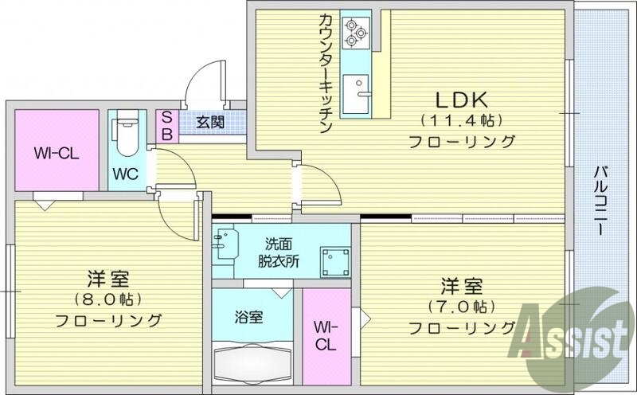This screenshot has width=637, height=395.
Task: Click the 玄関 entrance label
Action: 210,123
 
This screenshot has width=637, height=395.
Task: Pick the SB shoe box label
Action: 167,124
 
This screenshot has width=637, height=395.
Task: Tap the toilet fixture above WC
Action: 123,140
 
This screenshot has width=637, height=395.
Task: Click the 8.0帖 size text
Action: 108,299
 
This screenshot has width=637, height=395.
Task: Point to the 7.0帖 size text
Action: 461,306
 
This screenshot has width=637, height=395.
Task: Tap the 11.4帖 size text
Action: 460,121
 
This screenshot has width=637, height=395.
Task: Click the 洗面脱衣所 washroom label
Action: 278,252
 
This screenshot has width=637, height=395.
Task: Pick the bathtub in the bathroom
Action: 253,366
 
